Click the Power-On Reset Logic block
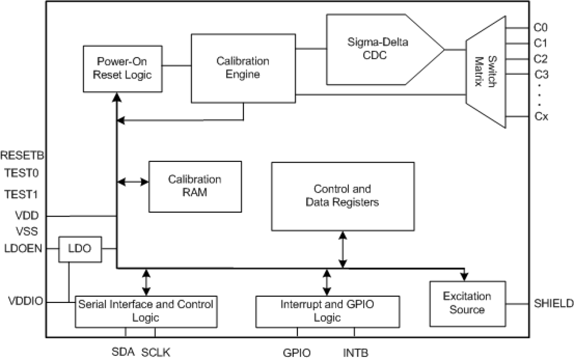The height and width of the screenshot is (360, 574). [x=122, y=68]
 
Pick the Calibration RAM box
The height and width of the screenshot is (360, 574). [x=195, y=186]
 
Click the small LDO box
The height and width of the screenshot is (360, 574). [x=80, y=249]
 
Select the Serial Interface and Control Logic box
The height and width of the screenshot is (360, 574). [x=146, y=311]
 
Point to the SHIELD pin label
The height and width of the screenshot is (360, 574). [x=553, y=304]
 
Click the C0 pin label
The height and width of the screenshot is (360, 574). [x=541, y=27]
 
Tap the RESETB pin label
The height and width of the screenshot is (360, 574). [x=22, y=155]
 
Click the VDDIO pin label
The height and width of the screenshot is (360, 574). [x=26, y=302]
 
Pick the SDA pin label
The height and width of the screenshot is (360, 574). [x=123, y=352]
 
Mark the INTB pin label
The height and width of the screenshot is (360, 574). [x=356, y=353]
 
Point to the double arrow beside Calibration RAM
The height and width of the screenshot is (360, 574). [x=133, y=181]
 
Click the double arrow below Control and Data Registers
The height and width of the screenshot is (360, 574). [x=342, y=249]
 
